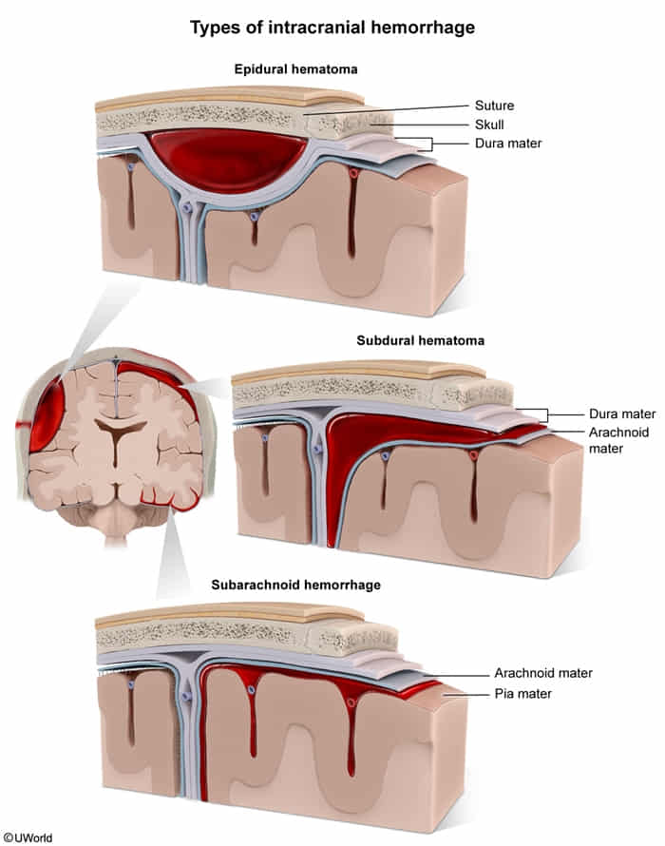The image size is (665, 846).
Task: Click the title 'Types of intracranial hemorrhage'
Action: click(332, 28)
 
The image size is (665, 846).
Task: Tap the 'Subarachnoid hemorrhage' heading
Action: click(295, 585)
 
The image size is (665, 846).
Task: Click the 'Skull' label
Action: click(491, 125)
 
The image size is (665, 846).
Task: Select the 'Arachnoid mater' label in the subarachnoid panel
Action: click(542, 673)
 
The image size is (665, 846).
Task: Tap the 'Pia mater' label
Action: click(522, 694)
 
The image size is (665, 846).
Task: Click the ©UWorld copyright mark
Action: click(28, 837)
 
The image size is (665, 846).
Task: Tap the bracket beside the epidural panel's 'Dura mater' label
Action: click(430, 144)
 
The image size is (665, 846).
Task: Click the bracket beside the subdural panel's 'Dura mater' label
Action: click(544, 414)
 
